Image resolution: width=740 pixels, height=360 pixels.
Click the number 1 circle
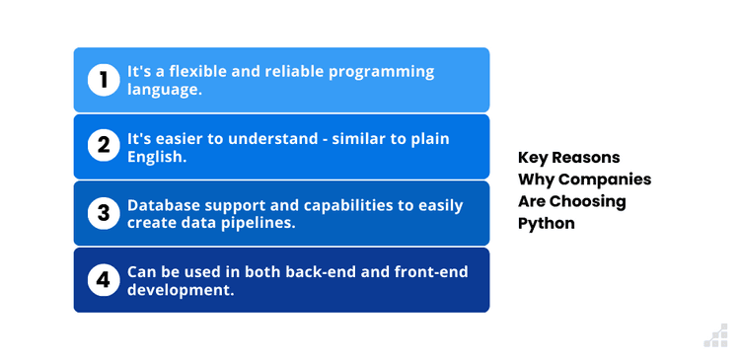click(103, 80)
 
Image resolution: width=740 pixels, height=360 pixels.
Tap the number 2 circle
click(103, 146)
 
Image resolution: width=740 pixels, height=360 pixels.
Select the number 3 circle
click(103, 213)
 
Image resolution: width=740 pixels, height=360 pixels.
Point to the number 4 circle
click(103, 280)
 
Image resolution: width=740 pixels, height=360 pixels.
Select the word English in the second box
click(158, 155)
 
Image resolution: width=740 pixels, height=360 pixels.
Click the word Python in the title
click(546, 223)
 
